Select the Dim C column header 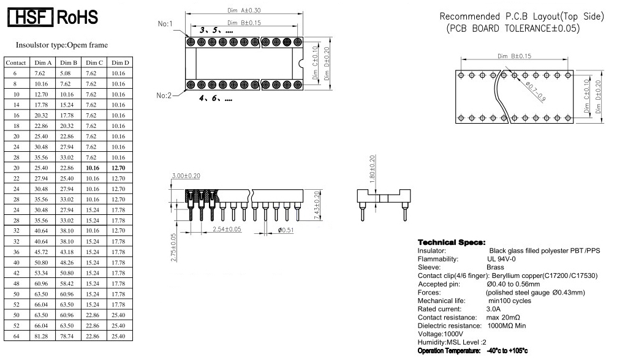(93, 63)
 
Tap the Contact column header (15, 63)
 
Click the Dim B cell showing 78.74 (67, 336)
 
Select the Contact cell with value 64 (15, 336)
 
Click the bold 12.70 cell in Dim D (118, 167)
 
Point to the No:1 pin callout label (165, 24)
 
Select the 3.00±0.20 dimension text (186, 176)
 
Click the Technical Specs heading (451, 243)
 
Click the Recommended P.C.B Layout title (526, 17)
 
